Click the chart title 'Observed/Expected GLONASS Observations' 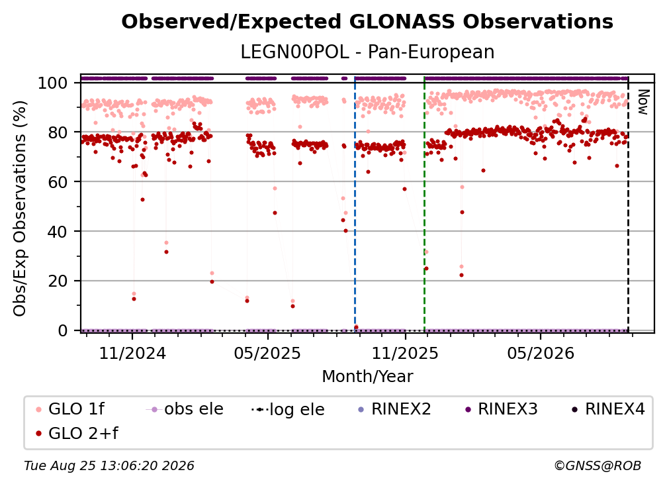tap(367, 22)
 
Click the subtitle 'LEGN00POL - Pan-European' tap(367, 52)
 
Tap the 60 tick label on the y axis tap(58, 181)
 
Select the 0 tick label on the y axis tap(62, 330)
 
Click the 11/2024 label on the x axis tap(132, 353)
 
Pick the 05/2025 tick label tap(267, 353)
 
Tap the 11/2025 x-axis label tap(405, 353)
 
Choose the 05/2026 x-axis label tap(540, 353)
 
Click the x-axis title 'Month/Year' tap(367, 376)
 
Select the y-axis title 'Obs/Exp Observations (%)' tap(20, 208)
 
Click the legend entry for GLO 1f tap(70, 409)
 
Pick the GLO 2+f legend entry tap(77, 433)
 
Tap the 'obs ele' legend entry tap(184, 409)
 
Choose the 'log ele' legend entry tap(288, 409)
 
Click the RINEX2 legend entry tap(394, 409)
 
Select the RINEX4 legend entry tap(608, 409)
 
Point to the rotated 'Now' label tap(643, 102)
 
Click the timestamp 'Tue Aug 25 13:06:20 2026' tap(109, 466)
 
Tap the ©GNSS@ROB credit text tap(598, 466)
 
